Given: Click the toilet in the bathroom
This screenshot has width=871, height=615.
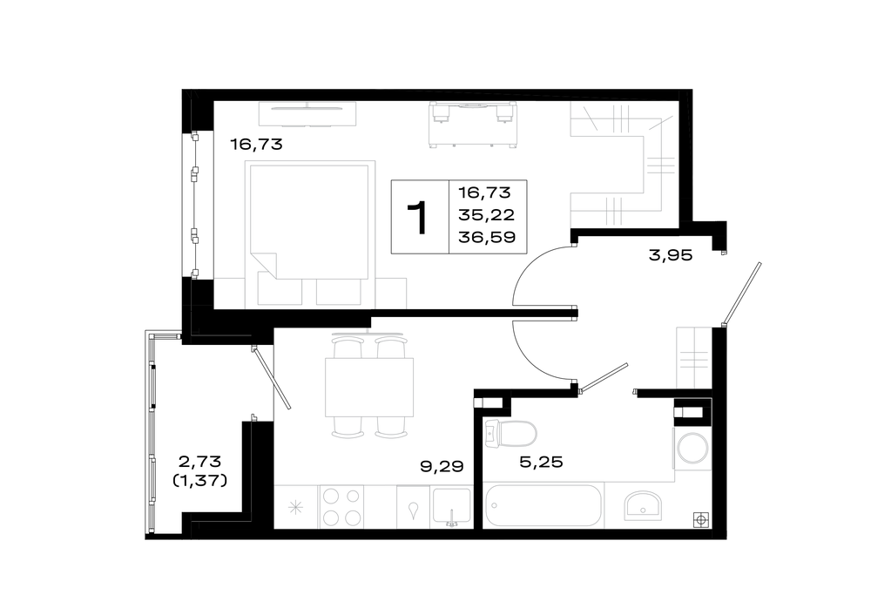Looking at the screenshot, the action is tap(510, 433).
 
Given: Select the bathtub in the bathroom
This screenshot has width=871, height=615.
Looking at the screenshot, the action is tap(544, 505).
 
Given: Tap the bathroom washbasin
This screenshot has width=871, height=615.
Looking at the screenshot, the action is tap(642, 505).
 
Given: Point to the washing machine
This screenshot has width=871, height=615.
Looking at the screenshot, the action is tap(692, 448).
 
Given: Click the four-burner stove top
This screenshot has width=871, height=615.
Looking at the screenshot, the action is tap(341, 507).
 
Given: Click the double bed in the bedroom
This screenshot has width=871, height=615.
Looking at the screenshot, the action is tap(310, 220).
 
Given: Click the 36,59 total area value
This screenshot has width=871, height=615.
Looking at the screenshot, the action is tap(487, 237).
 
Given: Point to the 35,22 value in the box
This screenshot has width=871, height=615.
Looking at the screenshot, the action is tap(487, 214).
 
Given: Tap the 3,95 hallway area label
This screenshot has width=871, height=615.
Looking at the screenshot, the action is tap(671, 255).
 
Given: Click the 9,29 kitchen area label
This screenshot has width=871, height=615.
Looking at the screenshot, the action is tap(442, 466).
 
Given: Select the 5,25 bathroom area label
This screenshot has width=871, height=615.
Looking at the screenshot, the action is tap(541, 462).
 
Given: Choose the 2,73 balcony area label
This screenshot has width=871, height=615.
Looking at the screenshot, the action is tap(199, 461).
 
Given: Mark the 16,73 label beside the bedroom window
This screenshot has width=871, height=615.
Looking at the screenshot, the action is tap(256, 145).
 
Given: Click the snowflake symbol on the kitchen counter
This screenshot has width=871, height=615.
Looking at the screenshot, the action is tap(295, 507).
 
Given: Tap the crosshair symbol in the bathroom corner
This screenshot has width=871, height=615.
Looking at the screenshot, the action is tap(701, 520).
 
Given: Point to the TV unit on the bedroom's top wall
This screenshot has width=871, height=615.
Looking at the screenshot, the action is tap(307, 113).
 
